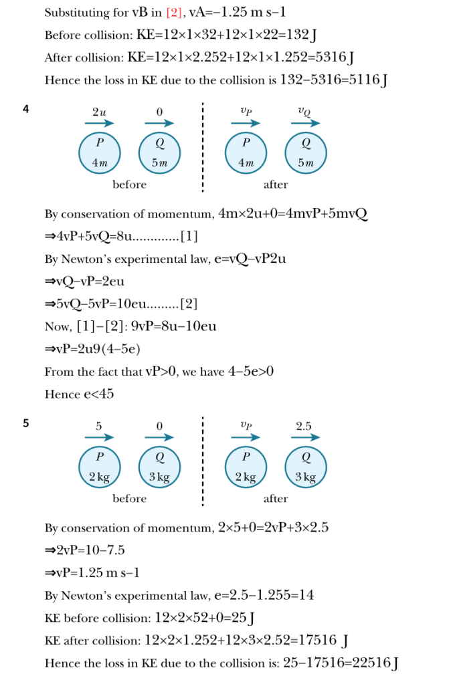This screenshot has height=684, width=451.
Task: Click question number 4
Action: point(26,108)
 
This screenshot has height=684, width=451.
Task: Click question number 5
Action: point(26,423)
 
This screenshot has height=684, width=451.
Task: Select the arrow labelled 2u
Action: point(99,123)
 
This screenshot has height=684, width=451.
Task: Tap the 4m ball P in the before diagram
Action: point(99,152)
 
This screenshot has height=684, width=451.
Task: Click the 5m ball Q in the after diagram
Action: point(305,152)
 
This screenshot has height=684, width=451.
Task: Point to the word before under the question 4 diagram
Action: point(129,185)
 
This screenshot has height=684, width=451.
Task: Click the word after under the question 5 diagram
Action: point(276,499)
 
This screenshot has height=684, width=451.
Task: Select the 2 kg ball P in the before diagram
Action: point(99,466)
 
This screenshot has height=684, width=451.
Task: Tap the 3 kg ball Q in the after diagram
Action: point(305,466)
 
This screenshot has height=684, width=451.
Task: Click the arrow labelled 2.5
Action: point(305,437)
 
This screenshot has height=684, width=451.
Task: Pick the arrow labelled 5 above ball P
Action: point(99,437)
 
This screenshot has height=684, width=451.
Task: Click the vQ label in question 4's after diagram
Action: point(305,111)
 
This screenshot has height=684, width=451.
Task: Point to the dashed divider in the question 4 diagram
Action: point(203,147)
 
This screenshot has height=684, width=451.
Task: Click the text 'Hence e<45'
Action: point(79,394)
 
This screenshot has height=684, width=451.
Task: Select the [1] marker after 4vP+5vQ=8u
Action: point(189,237)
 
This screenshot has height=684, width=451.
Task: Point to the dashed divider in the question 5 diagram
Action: point(203,461)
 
